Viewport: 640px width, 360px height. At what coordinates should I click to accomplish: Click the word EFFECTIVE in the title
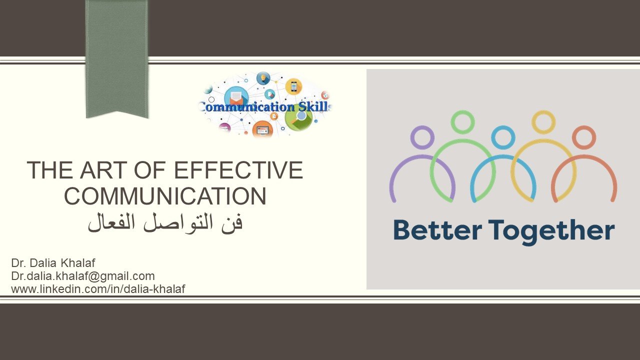(x=238, y=170)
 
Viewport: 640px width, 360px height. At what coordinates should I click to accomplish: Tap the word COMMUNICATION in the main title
(x=165, y=196)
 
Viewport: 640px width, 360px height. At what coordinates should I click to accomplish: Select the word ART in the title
(x=103, y=170)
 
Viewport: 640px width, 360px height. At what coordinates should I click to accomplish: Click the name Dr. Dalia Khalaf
(x=53, y=263)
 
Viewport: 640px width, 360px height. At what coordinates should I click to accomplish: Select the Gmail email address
(x=83, y=276)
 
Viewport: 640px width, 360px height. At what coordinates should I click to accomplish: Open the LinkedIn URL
(x=98, y=289)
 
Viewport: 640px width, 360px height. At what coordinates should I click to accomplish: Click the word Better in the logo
(x=437, y=230)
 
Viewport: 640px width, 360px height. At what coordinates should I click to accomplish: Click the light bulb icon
(x=263, y=77)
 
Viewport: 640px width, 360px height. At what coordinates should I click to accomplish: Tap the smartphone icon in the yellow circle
(x=293, y=86)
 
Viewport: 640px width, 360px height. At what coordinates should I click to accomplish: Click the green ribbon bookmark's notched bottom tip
(x=117, y=111)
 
